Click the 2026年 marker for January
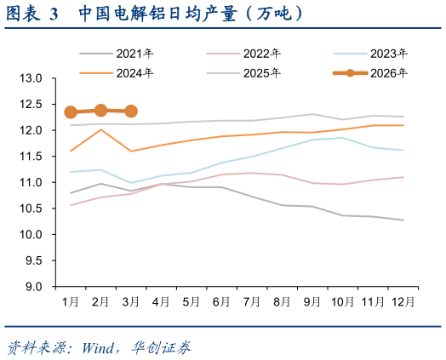[71, 112]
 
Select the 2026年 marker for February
[100, 111]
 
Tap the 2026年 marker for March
[131, 111]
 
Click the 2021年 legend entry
[117, 54]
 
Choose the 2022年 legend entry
[243, 54]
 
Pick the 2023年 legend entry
[370, 54]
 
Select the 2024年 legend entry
[117, 73]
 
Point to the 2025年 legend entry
[243, 73]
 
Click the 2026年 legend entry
[370, 73]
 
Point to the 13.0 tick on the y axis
[31, 78]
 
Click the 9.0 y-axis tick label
[34, 287]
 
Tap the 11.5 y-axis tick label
[31, 157]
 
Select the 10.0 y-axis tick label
[31, 235]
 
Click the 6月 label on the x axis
[221, 302]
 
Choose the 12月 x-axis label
[403, 302]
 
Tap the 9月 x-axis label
[312, 302]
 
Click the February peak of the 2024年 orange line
[100, 129]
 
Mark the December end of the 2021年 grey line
[403, 220]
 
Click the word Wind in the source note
[98, 348]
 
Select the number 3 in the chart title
[54, 14]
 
